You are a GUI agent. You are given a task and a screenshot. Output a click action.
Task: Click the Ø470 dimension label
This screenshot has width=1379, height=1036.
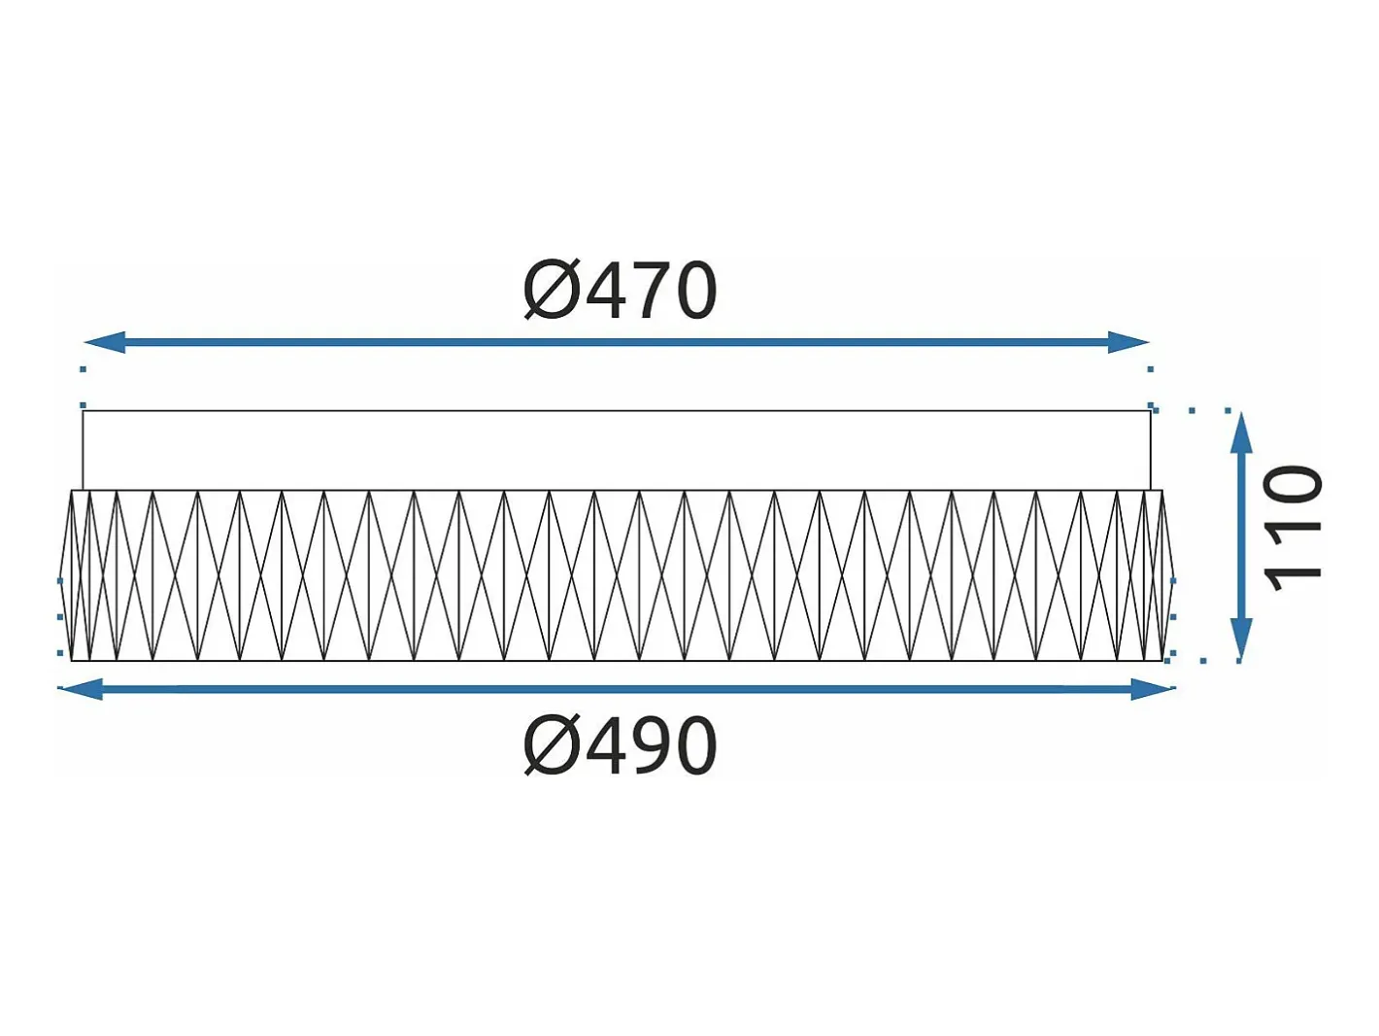click(620, 291)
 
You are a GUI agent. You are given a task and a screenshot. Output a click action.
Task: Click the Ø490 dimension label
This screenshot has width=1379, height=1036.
click(620, 746)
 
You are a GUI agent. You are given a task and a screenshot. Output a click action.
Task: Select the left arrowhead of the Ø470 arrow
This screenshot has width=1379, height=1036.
click(104, 343)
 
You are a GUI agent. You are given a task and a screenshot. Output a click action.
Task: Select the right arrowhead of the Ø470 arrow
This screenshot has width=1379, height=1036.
click(1128, 343)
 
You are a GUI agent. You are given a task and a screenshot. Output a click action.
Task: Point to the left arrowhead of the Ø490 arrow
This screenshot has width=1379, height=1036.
click(80, 688)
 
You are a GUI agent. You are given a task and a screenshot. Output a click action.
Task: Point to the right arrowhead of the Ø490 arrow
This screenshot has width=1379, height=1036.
click(1153, 688)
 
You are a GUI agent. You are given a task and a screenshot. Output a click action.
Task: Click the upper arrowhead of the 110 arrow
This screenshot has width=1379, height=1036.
click(1241, 432)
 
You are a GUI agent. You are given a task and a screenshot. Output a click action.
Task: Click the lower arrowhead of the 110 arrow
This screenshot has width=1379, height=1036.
click(1241, 639)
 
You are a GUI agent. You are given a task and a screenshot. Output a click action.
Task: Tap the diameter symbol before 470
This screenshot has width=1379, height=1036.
click(551, 291)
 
